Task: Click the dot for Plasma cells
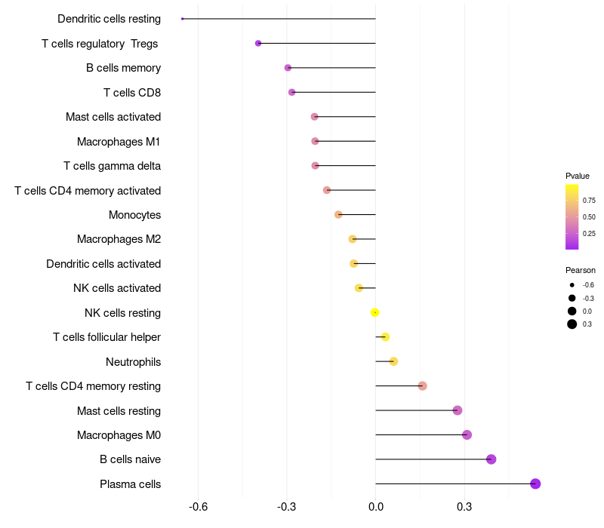(x=535, y=484)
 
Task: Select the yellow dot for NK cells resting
(x=374, y=312)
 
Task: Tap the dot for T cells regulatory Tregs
(x=258, y=43)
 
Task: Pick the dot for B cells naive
(x=491, y=459)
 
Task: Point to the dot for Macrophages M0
(x=467, y=434)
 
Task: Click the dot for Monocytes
(x=338, y=215)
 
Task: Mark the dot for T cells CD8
(x=291, y=92)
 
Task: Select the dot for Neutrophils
(x=393, y=361)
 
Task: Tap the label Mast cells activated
(x=113, y=117)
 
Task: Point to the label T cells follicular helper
(x=106, y=337)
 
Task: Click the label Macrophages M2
(x=119, y=239)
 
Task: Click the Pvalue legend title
(x=578, y=176)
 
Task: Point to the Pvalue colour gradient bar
(x=572, y=216)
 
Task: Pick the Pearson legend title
(x=581, y=270)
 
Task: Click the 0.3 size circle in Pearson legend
(x=572, y=324)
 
